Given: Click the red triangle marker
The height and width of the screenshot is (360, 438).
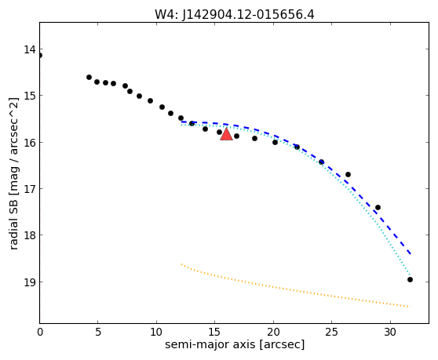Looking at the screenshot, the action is (x=226, y=134).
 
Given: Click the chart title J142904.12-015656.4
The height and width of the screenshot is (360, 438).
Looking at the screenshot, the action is (x=248, y=15).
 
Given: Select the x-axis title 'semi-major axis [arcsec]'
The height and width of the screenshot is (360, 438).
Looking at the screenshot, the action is (x=235, y=345).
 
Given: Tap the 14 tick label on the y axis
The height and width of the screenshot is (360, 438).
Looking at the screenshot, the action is (x=30, y=49).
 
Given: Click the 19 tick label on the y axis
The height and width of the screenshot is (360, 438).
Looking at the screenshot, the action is (x=30, y=282).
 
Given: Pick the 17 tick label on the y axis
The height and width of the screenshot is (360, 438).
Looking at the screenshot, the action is (x=30, y=189).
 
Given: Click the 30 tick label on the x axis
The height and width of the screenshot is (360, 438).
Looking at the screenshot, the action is (x=390, y=332).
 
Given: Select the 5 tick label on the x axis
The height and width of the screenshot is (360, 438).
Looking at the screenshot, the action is (x=98, y=332).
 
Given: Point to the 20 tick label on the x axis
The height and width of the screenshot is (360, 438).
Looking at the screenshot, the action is (x=273, y=332).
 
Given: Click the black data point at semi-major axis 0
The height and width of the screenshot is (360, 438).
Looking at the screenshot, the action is (x=40, y=55).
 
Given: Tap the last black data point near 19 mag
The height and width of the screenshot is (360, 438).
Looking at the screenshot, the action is (x=410, y=280).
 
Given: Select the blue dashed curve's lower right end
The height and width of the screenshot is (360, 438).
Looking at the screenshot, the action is (x=411, y=254).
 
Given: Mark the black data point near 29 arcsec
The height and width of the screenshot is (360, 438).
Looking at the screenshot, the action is (x=378, y=207).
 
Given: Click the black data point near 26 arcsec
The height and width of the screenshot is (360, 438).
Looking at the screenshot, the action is (x=348, y=174).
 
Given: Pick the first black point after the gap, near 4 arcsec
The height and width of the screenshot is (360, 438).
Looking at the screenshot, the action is (x=89, y=78).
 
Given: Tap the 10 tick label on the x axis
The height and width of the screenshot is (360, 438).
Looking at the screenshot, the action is (x=156, y=332).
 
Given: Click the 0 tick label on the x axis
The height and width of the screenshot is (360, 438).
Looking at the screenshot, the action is (x=40, y=332).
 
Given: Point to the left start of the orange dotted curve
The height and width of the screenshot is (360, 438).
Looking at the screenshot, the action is (x=181, y=264).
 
